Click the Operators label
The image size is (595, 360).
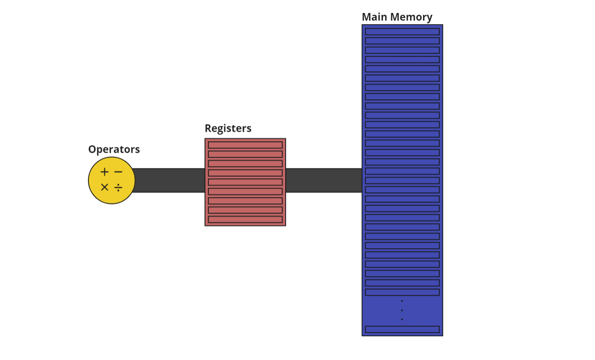[x=114, y=149]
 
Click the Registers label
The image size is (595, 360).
[x=228, y=128]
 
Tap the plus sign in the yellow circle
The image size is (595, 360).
[x=104, y=172]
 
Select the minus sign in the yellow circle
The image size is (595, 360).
[x=118, y=172]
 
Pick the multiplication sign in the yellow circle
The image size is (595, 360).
[x=104, y=187]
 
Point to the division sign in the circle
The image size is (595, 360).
[x=118, y=187]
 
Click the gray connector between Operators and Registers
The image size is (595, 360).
[x=170, y=180]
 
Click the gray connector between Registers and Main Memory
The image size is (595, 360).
[x=324, y=180]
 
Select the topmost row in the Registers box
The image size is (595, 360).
[x=245, y=145]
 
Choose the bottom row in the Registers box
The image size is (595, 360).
[x=245, y=219]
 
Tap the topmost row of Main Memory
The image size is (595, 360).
[x=402, y=32]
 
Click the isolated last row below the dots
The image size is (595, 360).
[x=402, y=329]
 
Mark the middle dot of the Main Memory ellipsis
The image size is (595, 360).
[x=402, y=310]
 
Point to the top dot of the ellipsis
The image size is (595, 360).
[x=402, y=301]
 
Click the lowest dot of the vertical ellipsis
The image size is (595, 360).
[x=402, y=319]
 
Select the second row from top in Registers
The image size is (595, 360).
[x=245, y=154]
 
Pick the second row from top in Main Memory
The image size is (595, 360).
[x=402, y=41]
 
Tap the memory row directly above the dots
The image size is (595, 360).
[x=402, y=292]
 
